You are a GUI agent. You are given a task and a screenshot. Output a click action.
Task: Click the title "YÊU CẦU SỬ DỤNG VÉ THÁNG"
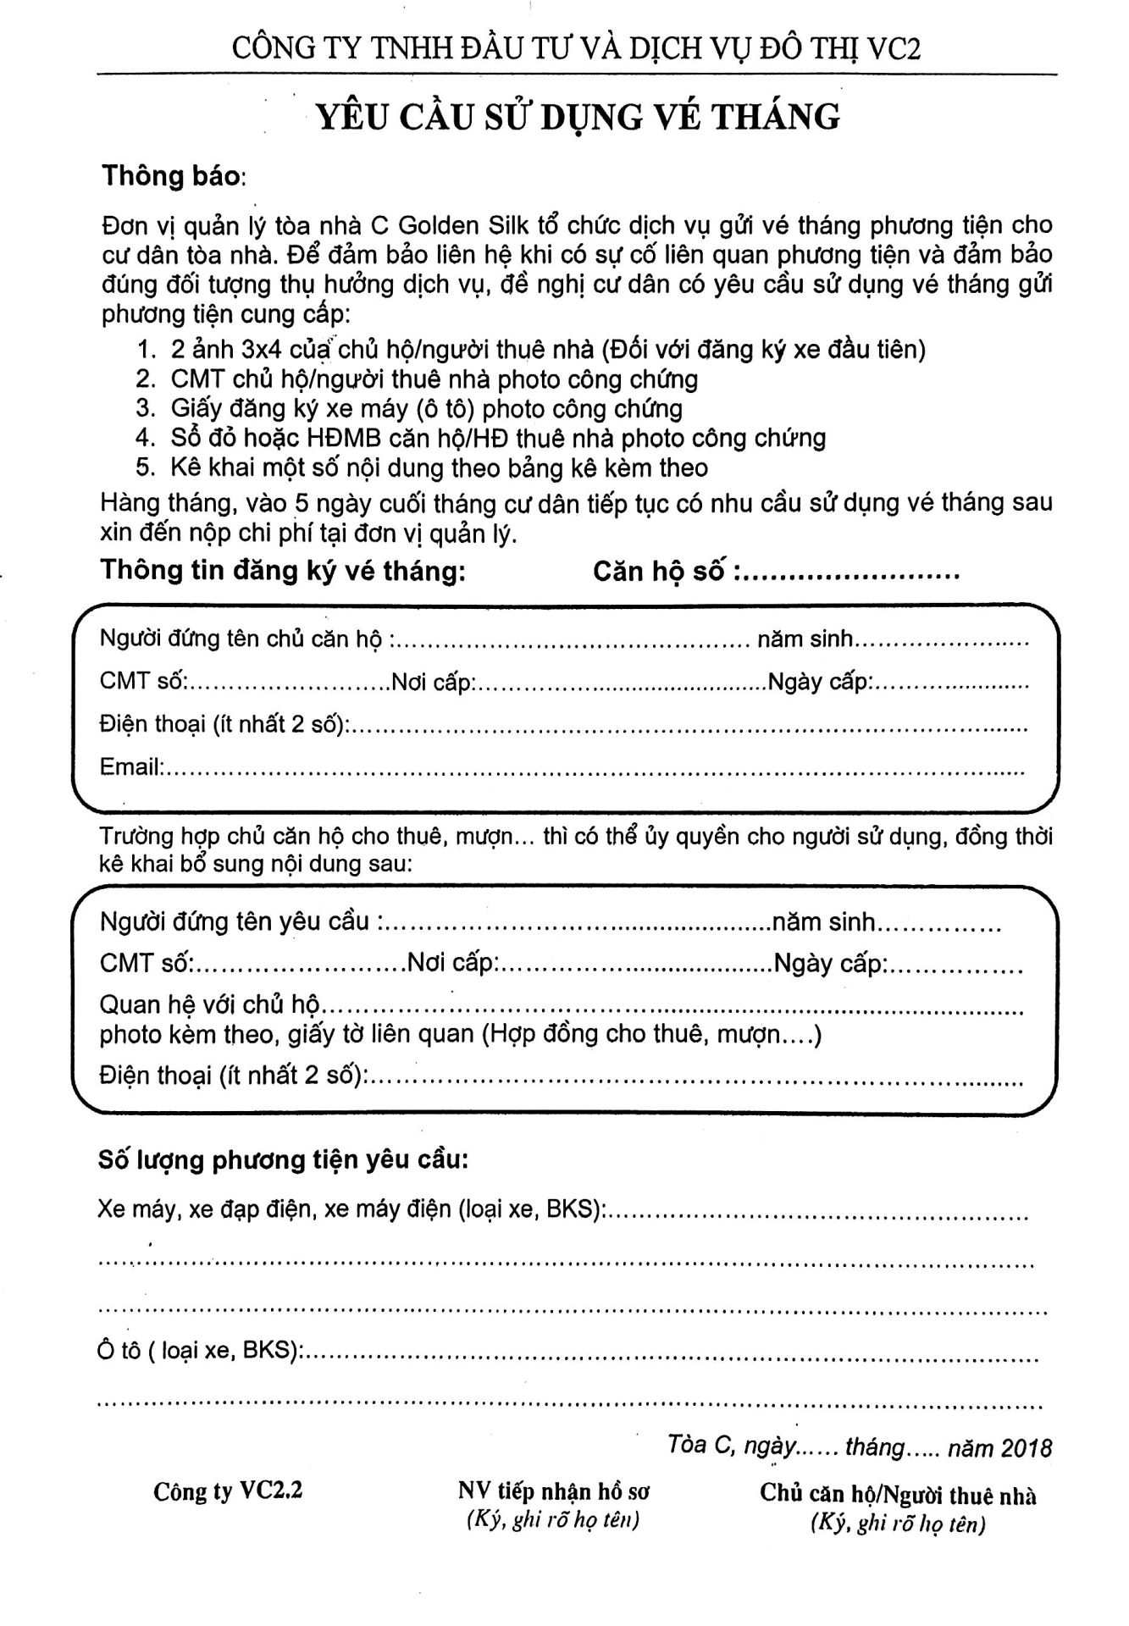(578, 117)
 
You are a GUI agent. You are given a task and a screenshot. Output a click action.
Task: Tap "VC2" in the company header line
(894, 48)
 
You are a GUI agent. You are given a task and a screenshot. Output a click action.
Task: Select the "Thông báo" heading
(172, 176)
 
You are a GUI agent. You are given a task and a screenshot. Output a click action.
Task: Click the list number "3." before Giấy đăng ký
(146, 409)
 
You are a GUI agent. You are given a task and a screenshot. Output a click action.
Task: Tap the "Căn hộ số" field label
(659, 572)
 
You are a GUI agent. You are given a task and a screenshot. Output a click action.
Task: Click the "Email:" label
(130, 767)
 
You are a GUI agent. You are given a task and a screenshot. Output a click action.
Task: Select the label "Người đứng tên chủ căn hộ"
(241, 639)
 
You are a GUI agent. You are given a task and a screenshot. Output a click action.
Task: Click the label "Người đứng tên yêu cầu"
(235, 921)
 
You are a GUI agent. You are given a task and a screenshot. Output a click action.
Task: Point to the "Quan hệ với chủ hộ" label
(209, 1005)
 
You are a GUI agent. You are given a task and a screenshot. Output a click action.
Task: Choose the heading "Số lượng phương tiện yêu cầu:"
(284, 1159)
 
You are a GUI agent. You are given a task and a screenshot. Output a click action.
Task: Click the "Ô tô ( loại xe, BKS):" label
(200, 1351)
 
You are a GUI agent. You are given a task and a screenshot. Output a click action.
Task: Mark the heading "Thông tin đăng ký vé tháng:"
(284, 571)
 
